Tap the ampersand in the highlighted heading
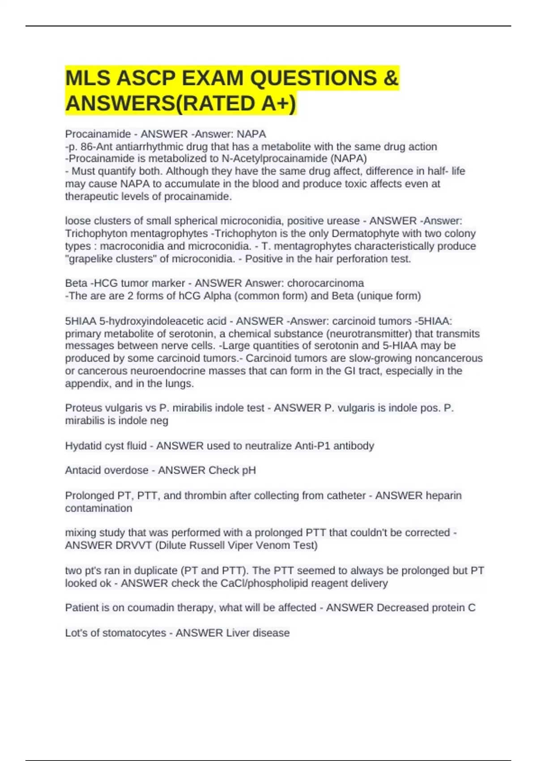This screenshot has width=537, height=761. click(391, 78)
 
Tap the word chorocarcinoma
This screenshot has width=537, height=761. click(325, 283)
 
